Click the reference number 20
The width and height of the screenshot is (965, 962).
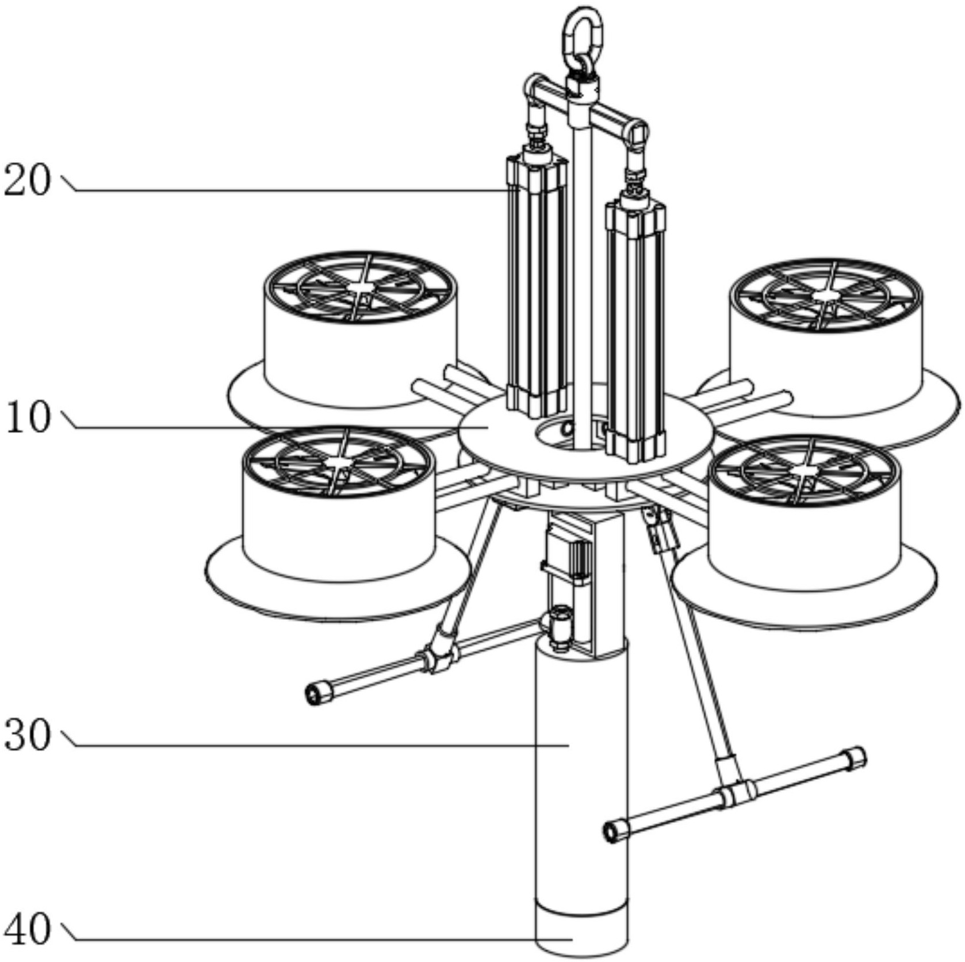point(27,181)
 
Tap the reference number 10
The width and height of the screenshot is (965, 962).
point(27,418)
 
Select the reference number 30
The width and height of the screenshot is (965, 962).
point(27,735)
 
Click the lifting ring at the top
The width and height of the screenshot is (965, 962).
point(583,35)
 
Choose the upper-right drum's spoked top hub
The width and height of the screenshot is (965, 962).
point(825,295)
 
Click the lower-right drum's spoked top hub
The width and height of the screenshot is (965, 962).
point(802,471)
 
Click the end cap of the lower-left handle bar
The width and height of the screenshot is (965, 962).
point(317,693)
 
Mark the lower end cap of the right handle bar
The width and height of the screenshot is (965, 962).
point(615,831)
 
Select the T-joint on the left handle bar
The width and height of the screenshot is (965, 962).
point(440,656)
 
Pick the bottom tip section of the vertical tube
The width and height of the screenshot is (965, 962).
point(581,932)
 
